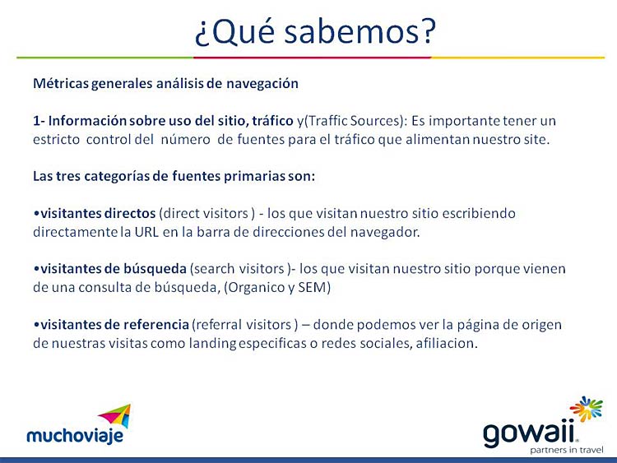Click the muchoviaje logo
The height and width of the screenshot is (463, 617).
78,424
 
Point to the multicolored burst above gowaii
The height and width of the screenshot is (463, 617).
586,409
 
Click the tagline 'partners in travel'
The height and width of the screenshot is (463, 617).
566,450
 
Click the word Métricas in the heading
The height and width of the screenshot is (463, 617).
61,83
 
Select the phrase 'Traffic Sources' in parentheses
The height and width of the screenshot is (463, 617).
354,120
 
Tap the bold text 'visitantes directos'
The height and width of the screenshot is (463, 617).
98,213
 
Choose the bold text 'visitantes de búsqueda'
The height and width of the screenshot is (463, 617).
114,269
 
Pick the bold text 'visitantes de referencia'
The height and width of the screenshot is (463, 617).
115,325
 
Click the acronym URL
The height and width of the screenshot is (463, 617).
146,232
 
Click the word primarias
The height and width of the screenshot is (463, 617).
254,176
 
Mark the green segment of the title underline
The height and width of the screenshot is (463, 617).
104,58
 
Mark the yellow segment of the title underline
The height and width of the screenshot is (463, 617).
517,58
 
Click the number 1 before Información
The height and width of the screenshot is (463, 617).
36,120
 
